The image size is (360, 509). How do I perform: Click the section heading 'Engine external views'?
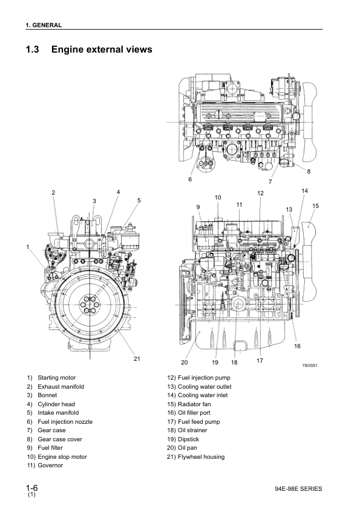[x=102, y=50]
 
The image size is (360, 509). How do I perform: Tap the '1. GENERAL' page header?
[x=44, y=25]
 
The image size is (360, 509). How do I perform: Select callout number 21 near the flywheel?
[x=137, y=358]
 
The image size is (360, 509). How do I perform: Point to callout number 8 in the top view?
[x=309, y=172]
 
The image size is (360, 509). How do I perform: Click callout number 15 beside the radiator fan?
[x=315, y=206]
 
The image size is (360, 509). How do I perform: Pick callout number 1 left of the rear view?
[x=28, y=247]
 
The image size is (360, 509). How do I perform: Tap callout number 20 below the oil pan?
[x=184, y=362]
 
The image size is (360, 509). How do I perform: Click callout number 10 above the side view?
[x=218, y=197]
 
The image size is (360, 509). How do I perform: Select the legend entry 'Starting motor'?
[x=56, y=378]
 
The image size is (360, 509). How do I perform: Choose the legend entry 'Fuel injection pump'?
[x=204, y=378]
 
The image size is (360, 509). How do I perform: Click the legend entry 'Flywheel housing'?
[x=201, y=457]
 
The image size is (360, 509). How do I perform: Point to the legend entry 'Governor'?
[x=50, y=465]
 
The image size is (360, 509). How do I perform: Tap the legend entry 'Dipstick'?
[x=188, y=439]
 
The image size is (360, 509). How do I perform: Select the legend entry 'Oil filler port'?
[x=194, y=413]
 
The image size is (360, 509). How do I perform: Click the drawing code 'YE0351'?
[x=310, y=366]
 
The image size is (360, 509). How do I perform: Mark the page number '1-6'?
[x=32, y=488]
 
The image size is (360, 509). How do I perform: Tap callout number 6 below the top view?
[x=190, y=179]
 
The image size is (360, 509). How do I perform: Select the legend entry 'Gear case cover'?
[x=60, y=439]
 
